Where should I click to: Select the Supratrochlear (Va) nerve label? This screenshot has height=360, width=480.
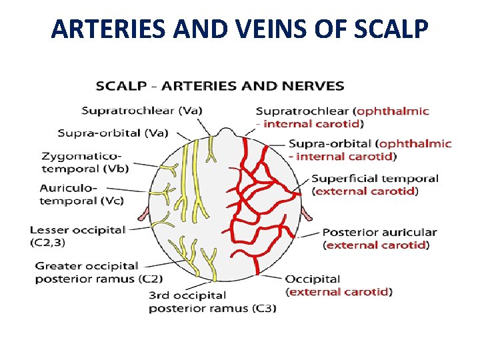(142, 110)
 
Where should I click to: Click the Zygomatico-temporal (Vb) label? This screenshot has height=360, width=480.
(85, 162)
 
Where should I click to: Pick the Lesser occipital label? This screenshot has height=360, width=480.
(77, 230)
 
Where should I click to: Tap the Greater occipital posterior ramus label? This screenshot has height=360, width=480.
(99, 272)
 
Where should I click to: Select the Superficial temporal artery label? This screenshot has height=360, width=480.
(375, 185)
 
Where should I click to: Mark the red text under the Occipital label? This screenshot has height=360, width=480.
(339, 291)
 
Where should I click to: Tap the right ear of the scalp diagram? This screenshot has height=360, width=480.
(307, 213)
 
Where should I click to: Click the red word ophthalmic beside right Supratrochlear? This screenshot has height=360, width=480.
(393, 111)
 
